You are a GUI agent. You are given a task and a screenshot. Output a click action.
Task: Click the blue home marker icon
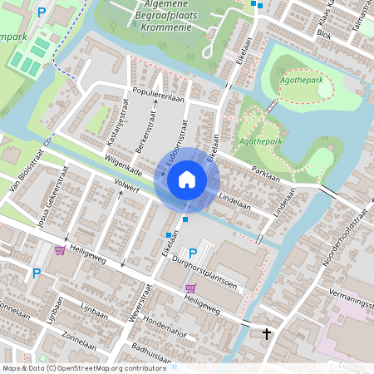tap(186, 179)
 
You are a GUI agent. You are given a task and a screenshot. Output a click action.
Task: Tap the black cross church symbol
tap(267, 334)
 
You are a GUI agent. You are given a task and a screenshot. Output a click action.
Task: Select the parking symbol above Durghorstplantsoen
tap(194, 253)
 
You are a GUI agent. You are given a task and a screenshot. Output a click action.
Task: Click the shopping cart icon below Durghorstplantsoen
tap(190, 288)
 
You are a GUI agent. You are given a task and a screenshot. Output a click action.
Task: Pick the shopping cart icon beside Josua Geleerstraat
tap(59, 249)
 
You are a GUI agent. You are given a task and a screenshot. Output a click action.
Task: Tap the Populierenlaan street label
tap(155, 95)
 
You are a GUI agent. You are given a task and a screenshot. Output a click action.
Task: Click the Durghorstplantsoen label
tap(219, 275)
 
